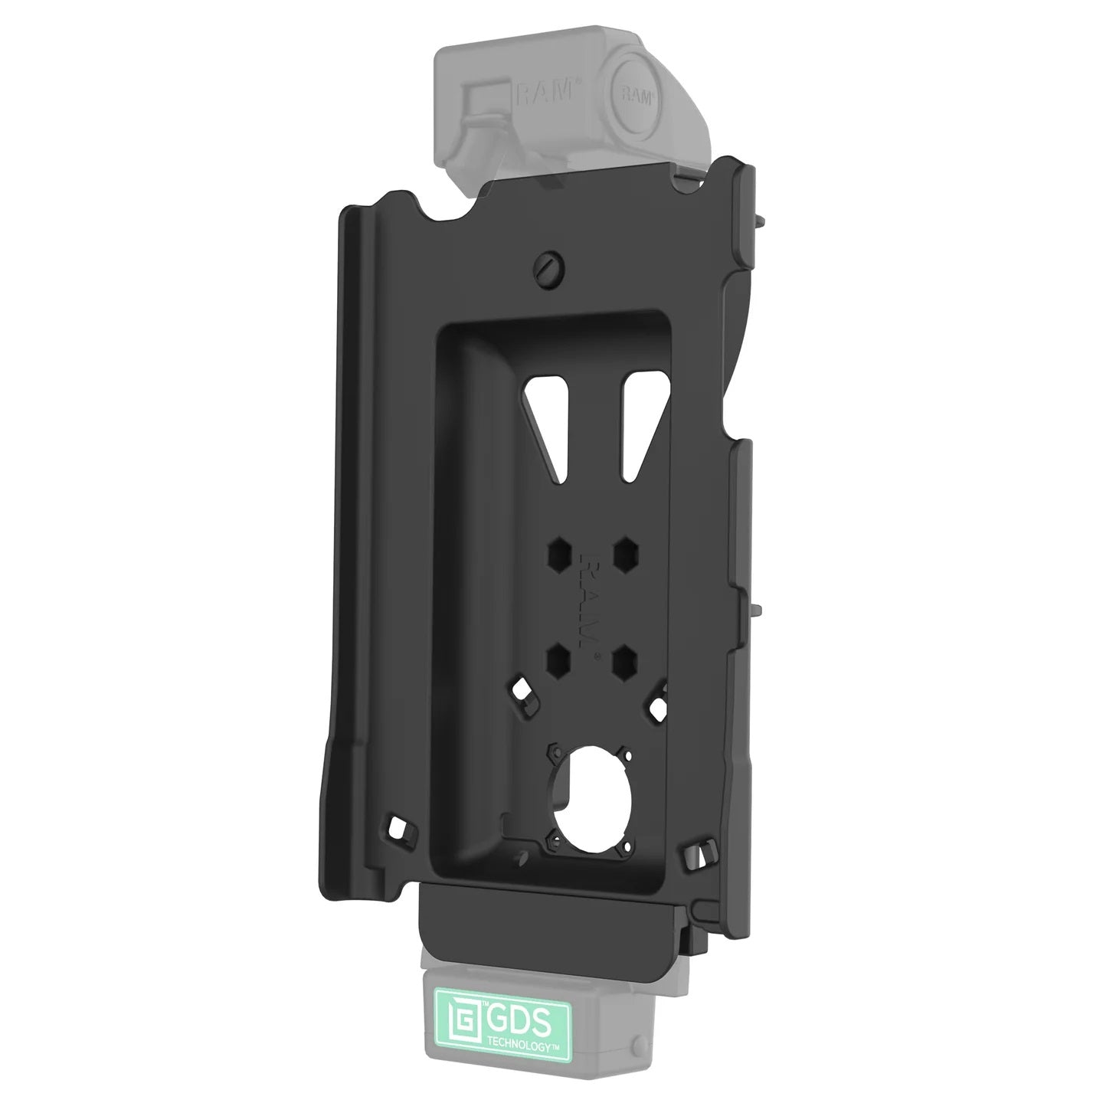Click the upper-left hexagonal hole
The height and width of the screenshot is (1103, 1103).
tap(558, 550)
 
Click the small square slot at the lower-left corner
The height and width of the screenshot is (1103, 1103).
tap(398, 826)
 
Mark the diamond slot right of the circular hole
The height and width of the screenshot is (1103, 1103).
tap(659, 706)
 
